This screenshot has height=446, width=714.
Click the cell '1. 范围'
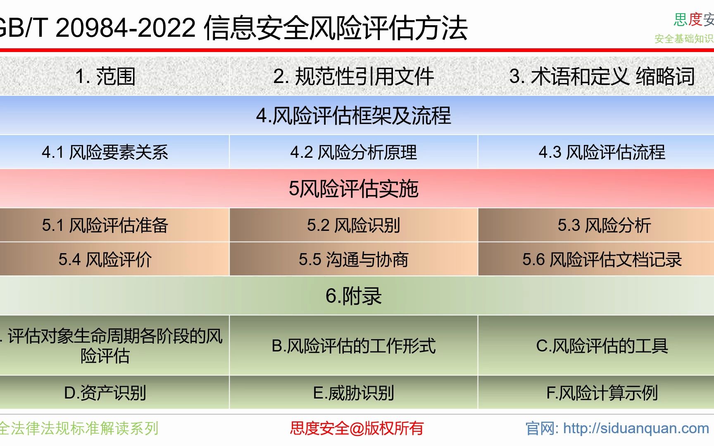[105, 76]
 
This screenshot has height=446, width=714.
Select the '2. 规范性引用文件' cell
[353, 76]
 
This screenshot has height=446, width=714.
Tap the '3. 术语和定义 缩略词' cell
[602, 76]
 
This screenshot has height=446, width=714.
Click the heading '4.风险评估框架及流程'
[353, 115]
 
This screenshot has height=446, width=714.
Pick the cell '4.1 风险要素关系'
[105, 152]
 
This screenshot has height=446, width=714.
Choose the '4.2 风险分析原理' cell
[353, 152]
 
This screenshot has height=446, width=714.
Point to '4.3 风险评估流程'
[602, 152]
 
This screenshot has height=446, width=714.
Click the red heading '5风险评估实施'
[353, 189]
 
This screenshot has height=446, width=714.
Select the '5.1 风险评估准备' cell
[105, 225]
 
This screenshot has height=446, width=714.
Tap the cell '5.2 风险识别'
[353, 225]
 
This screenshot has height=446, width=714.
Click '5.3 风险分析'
[604, 225]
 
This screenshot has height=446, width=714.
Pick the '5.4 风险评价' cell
[105, 259]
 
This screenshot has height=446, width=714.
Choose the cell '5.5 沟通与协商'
[353, 259]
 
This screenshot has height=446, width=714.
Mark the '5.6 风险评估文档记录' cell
[602, 259]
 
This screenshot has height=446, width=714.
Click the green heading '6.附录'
[353, 296]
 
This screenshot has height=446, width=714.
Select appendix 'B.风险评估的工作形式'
[353, 346]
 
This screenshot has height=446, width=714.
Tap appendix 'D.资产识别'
[105, 393]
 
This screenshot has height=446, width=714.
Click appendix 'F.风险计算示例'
[602, 393]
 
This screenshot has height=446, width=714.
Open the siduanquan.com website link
[635, 428]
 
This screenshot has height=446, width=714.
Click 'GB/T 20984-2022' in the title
[97, 28]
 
